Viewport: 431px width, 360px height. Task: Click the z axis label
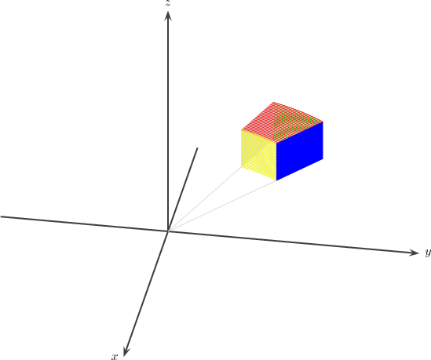[168, 3]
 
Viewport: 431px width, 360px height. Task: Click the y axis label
[428, 253]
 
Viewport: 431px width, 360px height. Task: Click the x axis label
[115, 357]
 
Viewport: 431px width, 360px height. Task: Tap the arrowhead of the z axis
[168, 16]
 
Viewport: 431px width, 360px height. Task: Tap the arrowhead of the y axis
[414, 253]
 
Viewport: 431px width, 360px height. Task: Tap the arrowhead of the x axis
[126, 351]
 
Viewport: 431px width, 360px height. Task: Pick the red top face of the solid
[282, 122]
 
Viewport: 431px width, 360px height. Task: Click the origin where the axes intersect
[168, 231]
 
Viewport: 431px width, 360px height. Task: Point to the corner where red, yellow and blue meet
[276, 143]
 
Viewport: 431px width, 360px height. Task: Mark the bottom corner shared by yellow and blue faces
[276, 180]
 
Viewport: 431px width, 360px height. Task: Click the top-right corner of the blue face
[323, 122]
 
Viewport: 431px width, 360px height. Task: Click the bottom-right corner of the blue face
[323, 158]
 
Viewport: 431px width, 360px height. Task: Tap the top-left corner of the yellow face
[241, 130]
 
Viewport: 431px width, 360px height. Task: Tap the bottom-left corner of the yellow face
[241, 167]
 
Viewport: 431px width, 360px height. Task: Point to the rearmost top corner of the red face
[273, 102]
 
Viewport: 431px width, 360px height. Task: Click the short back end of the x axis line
[197, 148]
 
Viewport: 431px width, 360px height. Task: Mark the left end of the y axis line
[1, 216]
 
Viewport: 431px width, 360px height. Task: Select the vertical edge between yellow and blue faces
[276, 162]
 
